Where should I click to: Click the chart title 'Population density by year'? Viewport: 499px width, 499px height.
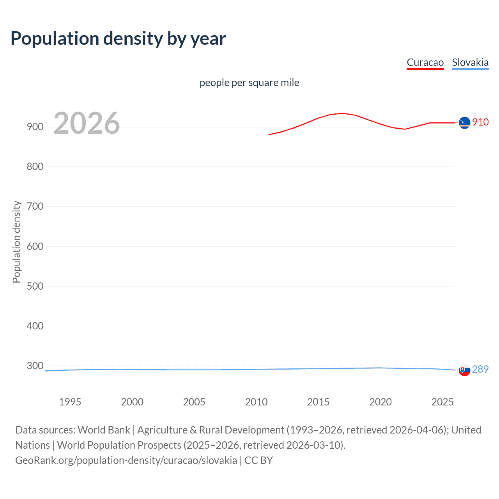[118, 39]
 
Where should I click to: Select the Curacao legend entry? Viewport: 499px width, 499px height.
[425, 62]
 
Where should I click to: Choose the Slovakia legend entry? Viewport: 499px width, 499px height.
[470, 62]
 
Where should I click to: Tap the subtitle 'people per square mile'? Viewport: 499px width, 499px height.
[249, 83]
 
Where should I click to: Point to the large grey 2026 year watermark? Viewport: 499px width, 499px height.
[87, 123]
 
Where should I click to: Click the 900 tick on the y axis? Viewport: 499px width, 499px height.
[35, 127]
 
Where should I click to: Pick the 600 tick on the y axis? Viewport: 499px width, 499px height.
[35, 246]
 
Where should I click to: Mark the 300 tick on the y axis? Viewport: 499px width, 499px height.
[35, 366]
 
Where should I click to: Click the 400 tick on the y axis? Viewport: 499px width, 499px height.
[35, 326]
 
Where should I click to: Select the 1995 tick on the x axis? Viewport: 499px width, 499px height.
[70, 402]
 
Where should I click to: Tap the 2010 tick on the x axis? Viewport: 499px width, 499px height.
[256, 402]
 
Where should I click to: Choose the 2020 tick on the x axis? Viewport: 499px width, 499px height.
[380, 402]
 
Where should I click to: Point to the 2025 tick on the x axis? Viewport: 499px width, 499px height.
[442, 402]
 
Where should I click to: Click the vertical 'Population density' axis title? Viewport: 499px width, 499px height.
[16, 242]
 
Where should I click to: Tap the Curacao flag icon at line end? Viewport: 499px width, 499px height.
[464, 122]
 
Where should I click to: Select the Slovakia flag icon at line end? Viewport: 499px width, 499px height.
[464, 370]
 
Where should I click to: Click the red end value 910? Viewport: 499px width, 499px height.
[480, 122]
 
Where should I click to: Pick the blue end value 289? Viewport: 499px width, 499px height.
[480, 369]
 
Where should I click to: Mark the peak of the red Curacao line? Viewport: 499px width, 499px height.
[343, 113]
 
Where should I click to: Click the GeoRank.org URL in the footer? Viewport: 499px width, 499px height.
[126, 460]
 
